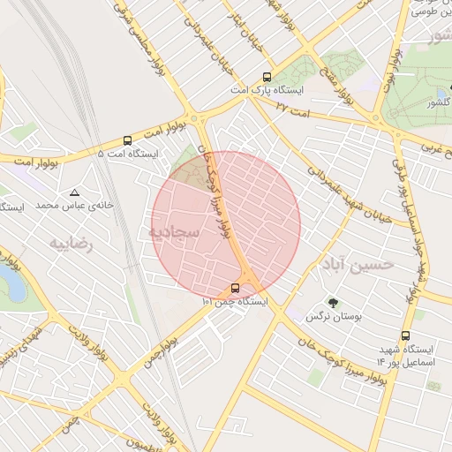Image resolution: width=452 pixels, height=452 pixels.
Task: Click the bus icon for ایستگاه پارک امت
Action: point(267,77)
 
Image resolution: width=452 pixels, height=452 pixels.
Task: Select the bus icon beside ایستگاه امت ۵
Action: point(128,139)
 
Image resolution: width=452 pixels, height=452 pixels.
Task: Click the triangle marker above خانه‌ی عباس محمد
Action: point(74,192)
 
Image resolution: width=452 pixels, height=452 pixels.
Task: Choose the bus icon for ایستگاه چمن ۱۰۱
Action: point(235,287)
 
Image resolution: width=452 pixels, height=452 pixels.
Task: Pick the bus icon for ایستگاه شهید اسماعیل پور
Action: point(405,335)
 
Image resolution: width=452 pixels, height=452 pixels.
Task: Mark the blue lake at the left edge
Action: point(12,284)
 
